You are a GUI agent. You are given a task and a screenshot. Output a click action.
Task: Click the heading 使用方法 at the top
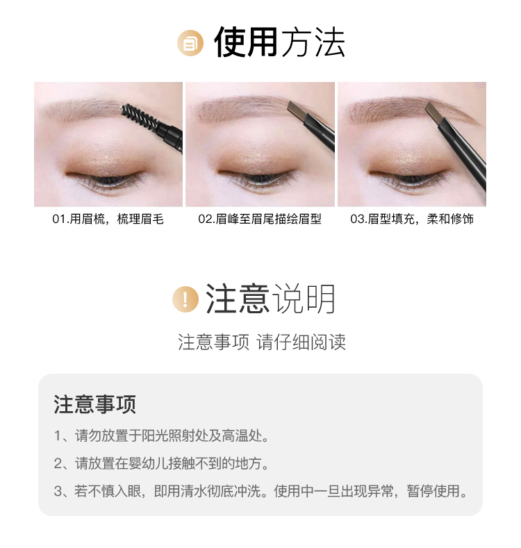tap(279, 42)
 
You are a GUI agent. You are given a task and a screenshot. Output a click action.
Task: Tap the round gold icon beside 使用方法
tap(190, 43)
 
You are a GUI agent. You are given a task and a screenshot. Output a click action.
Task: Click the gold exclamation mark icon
tap(185, 299)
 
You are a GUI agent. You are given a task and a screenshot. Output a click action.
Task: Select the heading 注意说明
tap(270, 299)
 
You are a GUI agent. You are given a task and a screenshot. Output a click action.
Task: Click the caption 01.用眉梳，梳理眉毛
tap(108, 219)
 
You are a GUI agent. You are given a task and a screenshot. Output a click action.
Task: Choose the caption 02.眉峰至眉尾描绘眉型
tap(260, 219)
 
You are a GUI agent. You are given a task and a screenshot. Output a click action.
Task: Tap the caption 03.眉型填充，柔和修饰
tap(412, 219)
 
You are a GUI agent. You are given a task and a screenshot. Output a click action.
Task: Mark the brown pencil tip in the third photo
tap(434, 113)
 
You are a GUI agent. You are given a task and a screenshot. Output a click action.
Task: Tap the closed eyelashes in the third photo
tap(408, 179)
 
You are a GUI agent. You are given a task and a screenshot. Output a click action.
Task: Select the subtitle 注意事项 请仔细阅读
tap(262, 342)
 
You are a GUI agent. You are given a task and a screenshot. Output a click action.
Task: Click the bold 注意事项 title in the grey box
tap(94, 404)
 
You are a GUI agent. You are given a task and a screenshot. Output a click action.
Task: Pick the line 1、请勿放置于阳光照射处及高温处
tap(161, 435)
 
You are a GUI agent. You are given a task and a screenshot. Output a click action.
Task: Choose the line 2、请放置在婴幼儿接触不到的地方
tap(161, 463)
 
